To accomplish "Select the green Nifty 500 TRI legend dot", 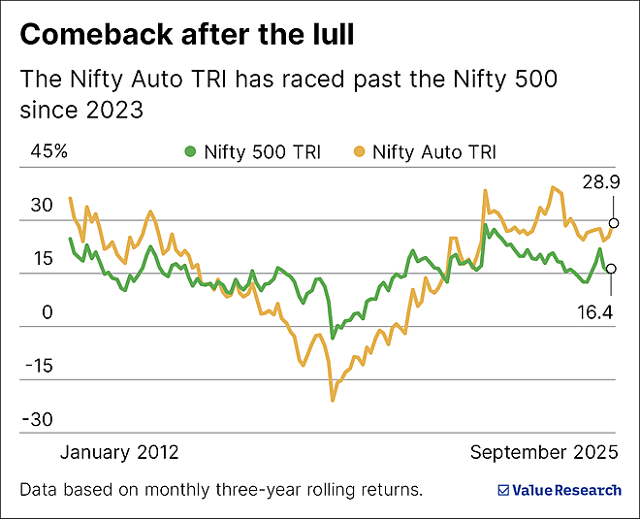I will tap(190, 151).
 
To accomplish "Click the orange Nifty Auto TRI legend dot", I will tap(359, 151).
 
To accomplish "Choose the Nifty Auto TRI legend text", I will tap(434, 151).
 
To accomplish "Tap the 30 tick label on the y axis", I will tap(41, 206).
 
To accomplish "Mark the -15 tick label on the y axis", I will tap(40, 367).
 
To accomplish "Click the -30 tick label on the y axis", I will tap(40, 420).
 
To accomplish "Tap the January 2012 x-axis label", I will tap(120, 452).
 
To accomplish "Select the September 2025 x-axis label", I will tap(544, 452).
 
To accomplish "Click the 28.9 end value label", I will tap(598, 183).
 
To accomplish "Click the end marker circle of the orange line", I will tap(613, 223).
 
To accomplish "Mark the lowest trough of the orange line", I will tap(333, 399).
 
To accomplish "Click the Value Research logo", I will tap(559, 490).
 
